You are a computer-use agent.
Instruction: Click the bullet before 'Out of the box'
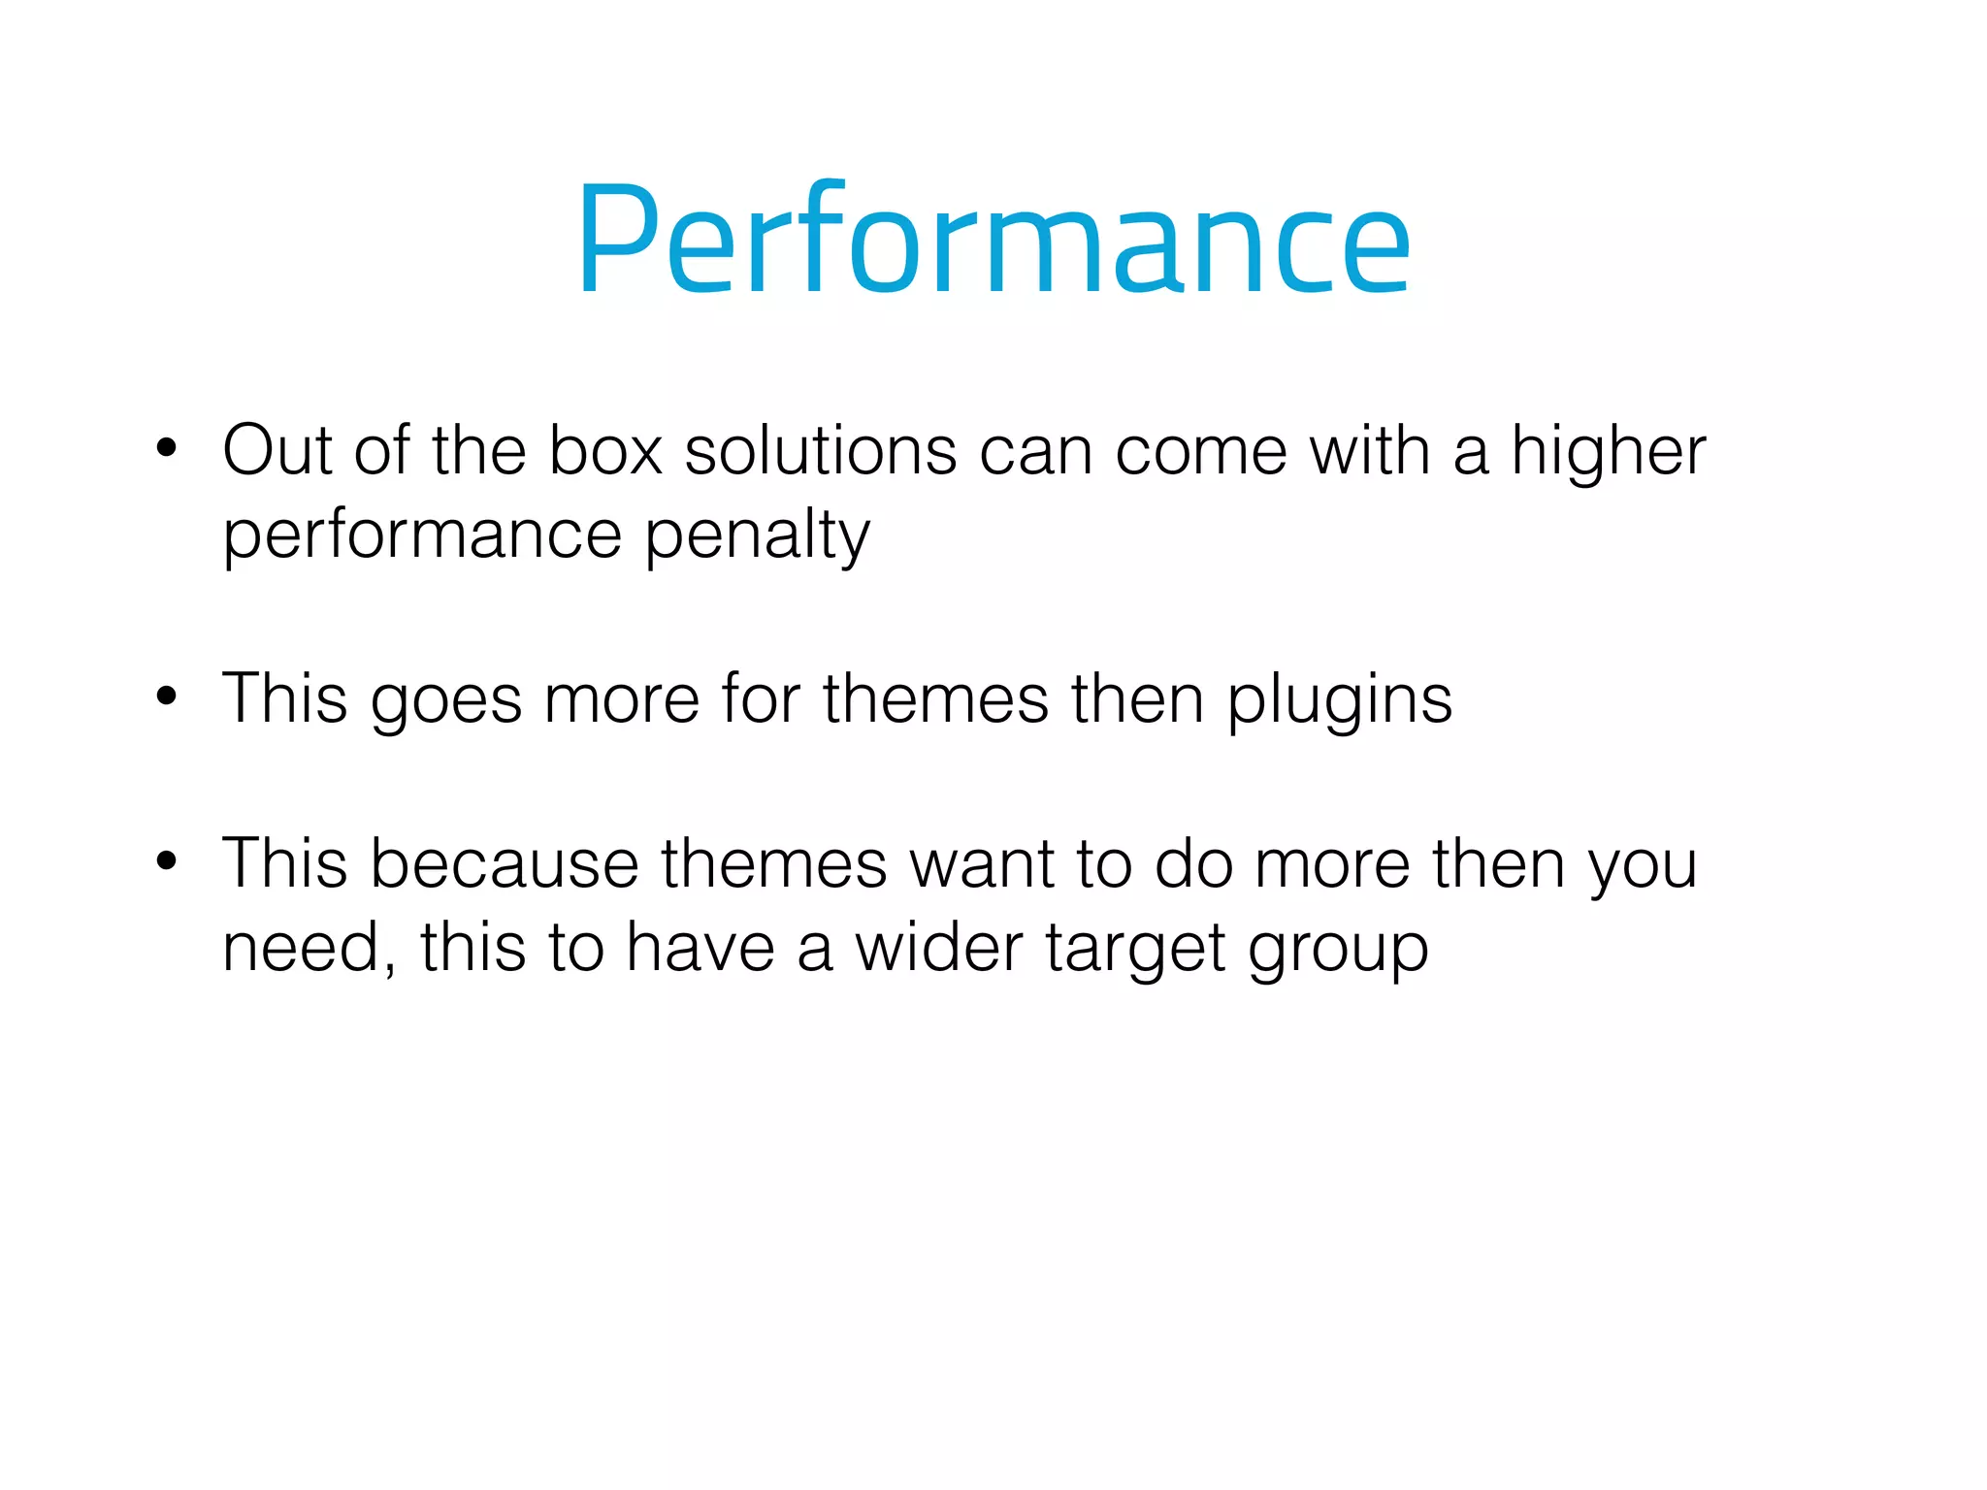pos(167,449)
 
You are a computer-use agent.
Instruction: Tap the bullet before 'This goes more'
pos(167,696)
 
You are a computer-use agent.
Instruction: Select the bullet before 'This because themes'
pos(167,861)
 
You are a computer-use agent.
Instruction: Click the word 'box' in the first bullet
pos(605,451)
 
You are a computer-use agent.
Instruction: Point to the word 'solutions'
pos(821,451)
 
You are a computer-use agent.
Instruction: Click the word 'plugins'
pos(1340,701)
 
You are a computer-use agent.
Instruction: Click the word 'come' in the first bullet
pos(1201,453)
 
